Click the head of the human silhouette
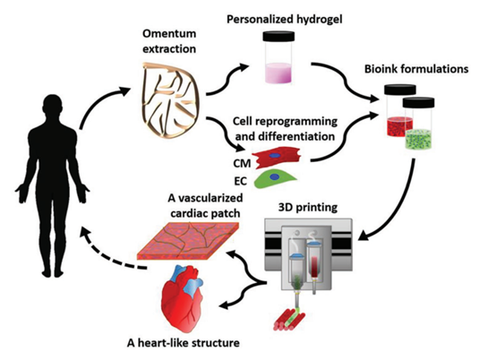point(53,107)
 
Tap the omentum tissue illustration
point(170,101)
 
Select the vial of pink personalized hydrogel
point(278,57)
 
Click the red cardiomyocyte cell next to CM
point(278,157)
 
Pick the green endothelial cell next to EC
point(274,179)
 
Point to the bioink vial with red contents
point(399,111)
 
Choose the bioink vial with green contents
point(418,124)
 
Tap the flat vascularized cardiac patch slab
point(187,240)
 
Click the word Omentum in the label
point(169,33)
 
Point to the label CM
point(242,164)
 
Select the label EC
point(241,182)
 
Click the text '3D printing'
point(307,208)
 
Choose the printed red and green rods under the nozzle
point(289,319)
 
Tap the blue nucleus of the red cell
point(275,156)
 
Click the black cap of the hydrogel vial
point(278,37)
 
